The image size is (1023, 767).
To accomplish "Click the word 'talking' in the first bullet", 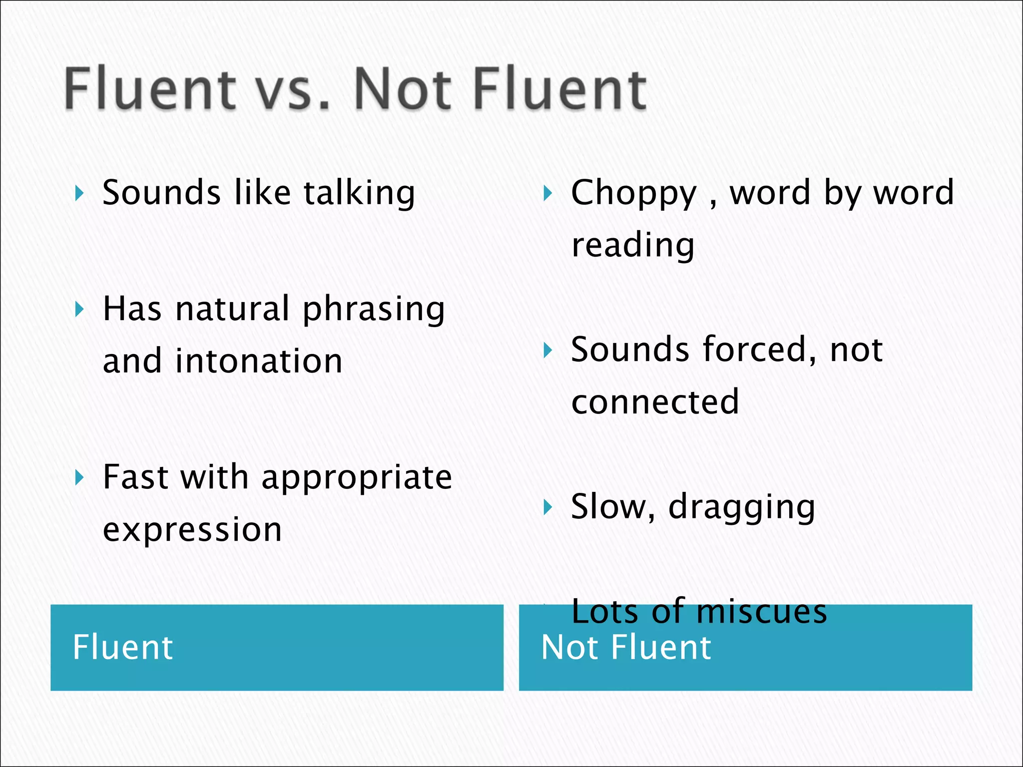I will point(359,194).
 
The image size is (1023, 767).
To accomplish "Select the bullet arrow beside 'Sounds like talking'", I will point(79,193).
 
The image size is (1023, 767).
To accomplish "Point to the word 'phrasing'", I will point(374,310).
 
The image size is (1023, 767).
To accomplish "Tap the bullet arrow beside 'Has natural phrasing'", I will point(79,310).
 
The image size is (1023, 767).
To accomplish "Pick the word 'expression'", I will point(192,530).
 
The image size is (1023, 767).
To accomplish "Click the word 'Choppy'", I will point(633,194).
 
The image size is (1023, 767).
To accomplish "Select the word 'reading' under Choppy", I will point(633,246).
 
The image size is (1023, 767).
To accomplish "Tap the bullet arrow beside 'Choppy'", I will point(548,193).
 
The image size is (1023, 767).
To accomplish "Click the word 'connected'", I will point(655,401).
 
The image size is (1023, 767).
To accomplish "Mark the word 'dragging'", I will point(742,508).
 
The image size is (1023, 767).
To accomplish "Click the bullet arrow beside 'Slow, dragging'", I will point(548,507).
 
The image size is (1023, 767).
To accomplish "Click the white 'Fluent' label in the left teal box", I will point(123,648).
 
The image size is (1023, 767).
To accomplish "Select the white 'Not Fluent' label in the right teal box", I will point(626,648).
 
